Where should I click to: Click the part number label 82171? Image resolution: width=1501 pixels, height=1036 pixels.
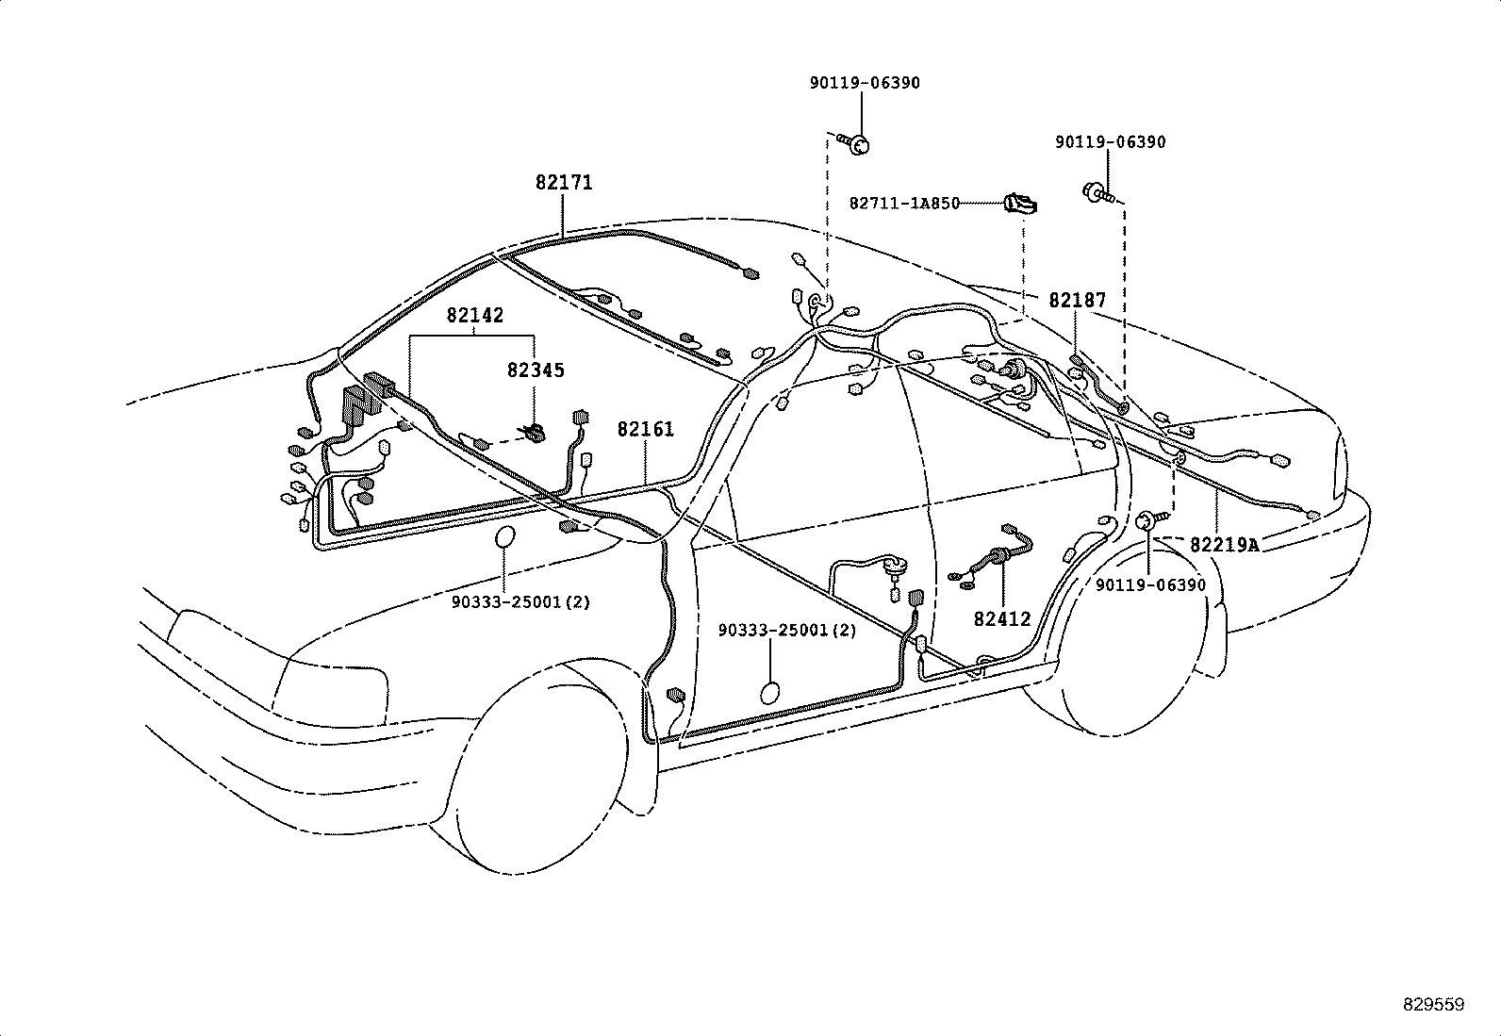click(x=564, y=183)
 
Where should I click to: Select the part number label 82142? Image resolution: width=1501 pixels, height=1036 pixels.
click(x=474, y=316)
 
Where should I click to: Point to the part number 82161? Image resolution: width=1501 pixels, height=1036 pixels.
click(x=646, y=430)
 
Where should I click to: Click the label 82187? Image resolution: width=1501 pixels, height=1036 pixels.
click(x=1077, y=301)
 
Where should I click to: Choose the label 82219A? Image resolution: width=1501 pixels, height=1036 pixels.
click(x=1224, y=545)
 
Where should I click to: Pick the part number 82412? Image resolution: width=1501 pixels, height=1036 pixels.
click(x=1002, y=619)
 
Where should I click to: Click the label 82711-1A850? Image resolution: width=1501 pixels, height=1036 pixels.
click(x=904, y=204)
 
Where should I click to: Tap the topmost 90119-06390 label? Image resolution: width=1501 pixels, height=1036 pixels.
click(x=865, y=83)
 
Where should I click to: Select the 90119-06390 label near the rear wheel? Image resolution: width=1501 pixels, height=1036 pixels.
click(x=1150, y=585)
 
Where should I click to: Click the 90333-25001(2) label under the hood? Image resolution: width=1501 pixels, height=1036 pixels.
click(x=520, y=602)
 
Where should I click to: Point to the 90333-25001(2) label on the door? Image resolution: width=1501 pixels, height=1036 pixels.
click(x=787, y=631)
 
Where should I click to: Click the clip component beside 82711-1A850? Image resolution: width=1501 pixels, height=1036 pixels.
click(x=1021, y=203)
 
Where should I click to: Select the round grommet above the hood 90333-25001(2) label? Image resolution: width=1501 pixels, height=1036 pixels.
click(x=505, y=537)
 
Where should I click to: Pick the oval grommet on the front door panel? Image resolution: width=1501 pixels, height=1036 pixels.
click(x=770, y=693)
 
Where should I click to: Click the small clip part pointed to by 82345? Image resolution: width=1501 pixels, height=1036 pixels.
click(x=535, y=433)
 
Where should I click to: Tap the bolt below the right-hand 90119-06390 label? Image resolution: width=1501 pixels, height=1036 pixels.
click(x=1099, y=193)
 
